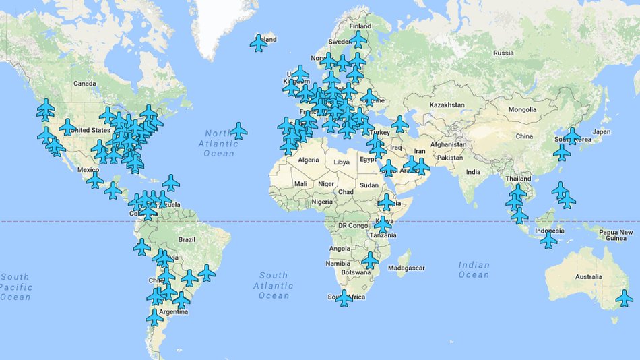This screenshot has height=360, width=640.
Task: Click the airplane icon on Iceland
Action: (x=259, y=43)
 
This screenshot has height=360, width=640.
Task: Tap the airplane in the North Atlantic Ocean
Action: (x=238, y=130)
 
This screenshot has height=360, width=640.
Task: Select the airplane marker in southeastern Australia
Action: (x=625, y=297)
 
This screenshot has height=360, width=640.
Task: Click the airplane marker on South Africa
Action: (x=344, y=297)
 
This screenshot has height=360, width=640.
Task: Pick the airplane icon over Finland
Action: (x=358, y=38)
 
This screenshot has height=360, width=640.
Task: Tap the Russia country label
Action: (x=503, y=53)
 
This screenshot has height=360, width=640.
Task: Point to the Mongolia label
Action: (x=522, y=109)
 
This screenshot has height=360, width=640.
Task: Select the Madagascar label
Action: (x=407, y=268)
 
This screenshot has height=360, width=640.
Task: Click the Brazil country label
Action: (x=187, y=240)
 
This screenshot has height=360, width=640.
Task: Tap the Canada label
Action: (x=85, y=84)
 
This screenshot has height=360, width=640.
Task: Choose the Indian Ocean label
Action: (x=474, y=270)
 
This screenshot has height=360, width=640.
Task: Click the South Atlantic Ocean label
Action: (x=274, y=285)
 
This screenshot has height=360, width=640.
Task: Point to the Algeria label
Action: (x=309, y=160)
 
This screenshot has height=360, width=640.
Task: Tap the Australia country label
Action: (x=588, y=276)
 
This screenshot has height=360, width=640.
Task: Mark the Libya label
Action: (x=342, y=162)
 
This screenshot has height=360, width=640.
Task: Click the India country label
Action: (x=474, y=172)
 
